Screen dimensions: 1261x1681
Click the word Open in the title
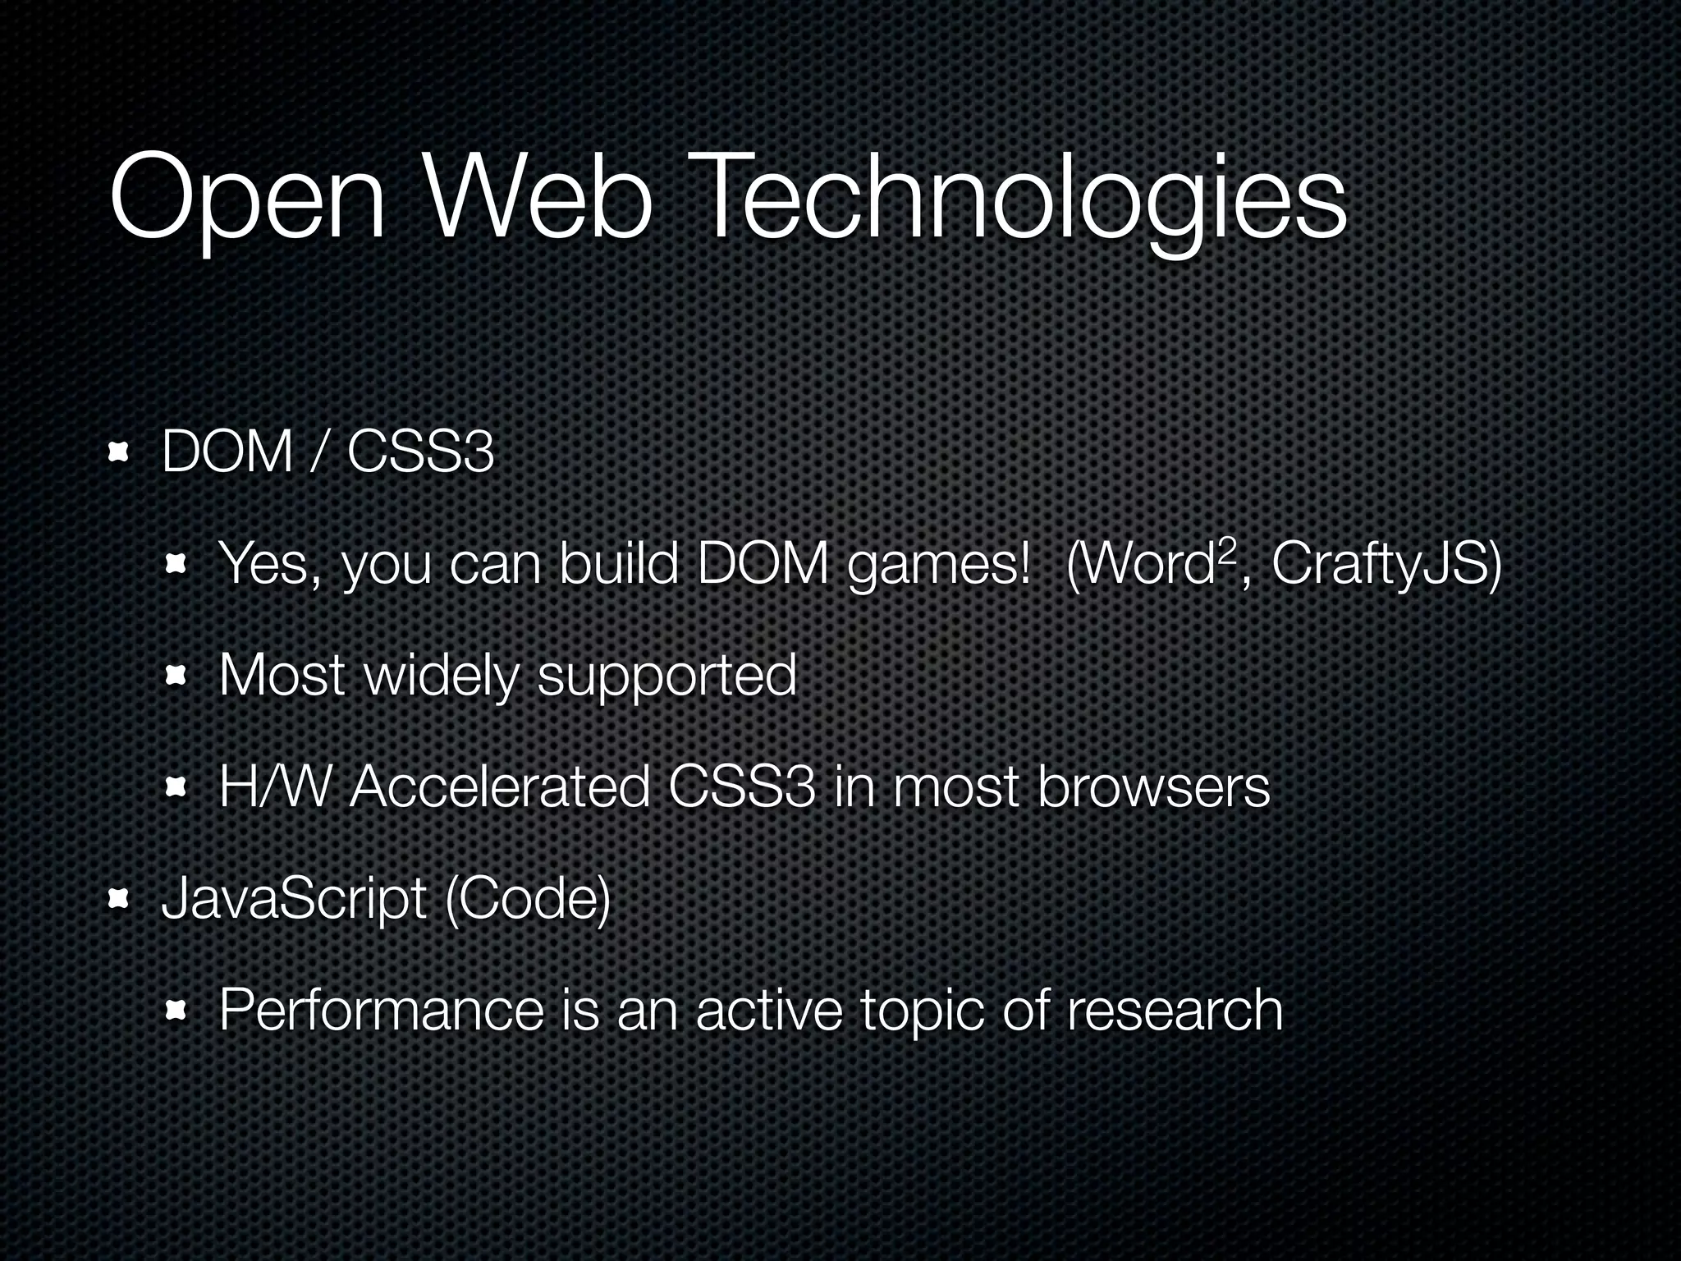coord(247,201)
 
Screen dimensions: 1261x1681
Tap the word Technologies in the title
coord(1021,201)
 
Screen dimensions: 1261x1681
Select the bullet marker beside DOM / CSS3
coord(120,452)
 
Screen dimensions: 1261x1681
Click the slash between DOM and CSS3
coord(319,452)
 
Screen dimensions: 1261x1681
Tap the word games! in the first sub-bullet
coord(938,566)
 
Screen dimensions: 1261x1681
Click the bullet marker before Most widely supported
coord(176,676)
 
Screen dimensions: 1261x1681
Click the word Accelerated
coord(500,787)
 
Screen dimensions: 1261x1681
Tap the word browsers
coord(1153,787)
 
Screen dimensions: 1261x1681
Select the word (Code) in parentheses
coord(527,900)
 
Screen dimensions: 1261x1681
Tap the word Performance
coord(382,1010)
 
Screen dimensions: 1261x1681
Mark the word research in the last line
coord(1175,1010)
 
